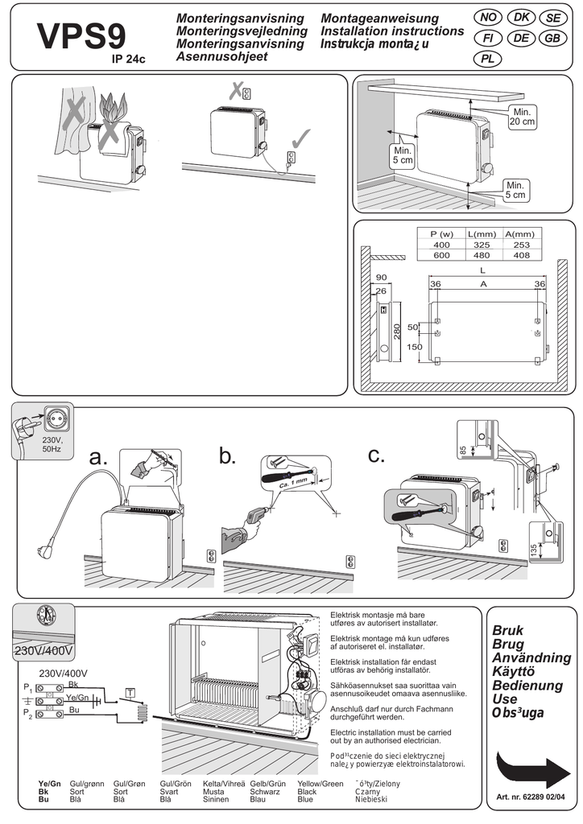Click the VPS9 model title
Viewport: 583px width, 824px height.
pyautogui.click(x=81, y=36)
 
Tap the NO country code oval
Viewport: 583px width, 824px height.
pyautogui.click(x=487, y=18)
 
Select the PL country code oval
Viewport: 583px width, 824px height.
pyautogui.click(x=487, y=58)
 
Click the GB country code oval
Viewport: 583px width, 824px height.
pyautogui.click(x=552, y=38)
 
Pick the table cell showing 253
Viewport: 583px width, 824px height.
pyautogui.click(x=521, y=244)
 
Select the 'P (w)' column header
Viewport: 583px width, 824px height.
pyautogui.click(x=441, y=233)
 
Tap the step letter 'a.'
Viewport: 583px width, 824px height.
pyautogui.click(x=97, y=458)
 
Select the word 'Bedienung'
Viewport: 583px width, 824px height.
pyautogui.click(x=527, y=686)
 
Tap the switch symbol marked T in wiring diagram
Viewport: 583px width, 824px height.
pyautogui.click(x=130, y=692)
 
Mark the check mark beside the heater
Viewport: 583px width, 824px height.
pyautogui.click(x=298, y=137)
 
